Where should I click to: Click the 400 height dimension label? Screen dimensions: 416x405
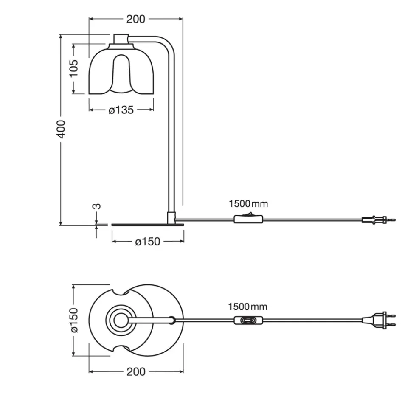pos(61,129)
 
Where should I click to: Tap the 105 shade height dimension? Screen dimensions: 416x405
pos(74,68)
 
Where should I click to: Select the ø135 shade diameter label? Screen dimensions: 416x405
pos(121,110)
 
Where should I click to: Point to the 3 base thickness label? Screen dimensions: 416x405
pos(98,206)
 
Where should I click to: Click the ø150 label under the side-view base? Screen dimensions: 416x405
pos(148,242)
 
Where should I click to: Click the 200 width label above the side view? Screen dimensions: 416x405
pos(135,19)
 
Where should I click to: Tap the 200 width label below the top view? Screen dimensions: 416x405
pos(136,371)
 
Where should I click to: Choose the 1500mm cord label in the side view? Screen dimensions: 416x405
pos(248,204)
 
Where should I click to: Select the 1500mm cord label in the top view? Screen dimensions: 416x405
pos(247,307)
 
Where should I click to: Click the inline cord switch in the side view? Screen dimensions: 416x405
pos(248,218)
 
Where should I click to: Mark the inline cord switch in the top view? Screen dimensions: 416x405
pos(248,321)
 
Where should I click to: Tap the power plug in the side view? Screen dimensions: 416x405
pos(379,220)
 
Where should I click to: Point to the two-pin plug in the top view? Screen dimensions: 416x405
pos(379,320)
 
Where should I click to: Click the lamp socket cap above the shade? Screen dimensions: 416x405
pos(121,39)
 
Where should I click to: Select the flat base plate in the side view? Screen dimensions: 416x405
pos(148,225)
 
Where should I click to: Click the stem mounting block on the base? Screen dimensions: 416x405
pos(171,217)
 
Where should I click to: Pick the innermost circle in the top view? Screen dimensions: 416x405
pos(121,320)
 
